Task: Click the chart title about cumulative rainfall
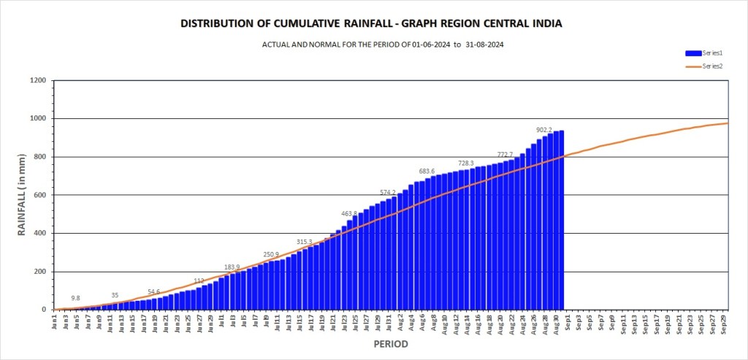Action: point(371,23)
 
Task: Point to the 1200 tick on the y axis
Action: point(37,80)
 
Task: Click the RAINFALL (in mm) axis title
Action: point(22,195)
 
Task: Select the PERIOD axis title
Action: point(391,343)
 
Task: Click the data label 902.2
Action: point(546,130)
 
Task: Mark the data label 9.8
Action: point(75,298)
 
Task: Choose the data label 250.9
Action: point(270,254)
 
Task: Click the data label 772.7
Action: point(504,154)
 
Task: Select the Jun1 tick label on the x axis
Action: point(56,322)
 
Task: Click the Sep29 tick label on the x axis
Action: point(724,324)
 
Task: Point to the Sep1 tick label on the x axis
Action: point(568,322)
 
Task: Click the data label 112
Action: point(199,280)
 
